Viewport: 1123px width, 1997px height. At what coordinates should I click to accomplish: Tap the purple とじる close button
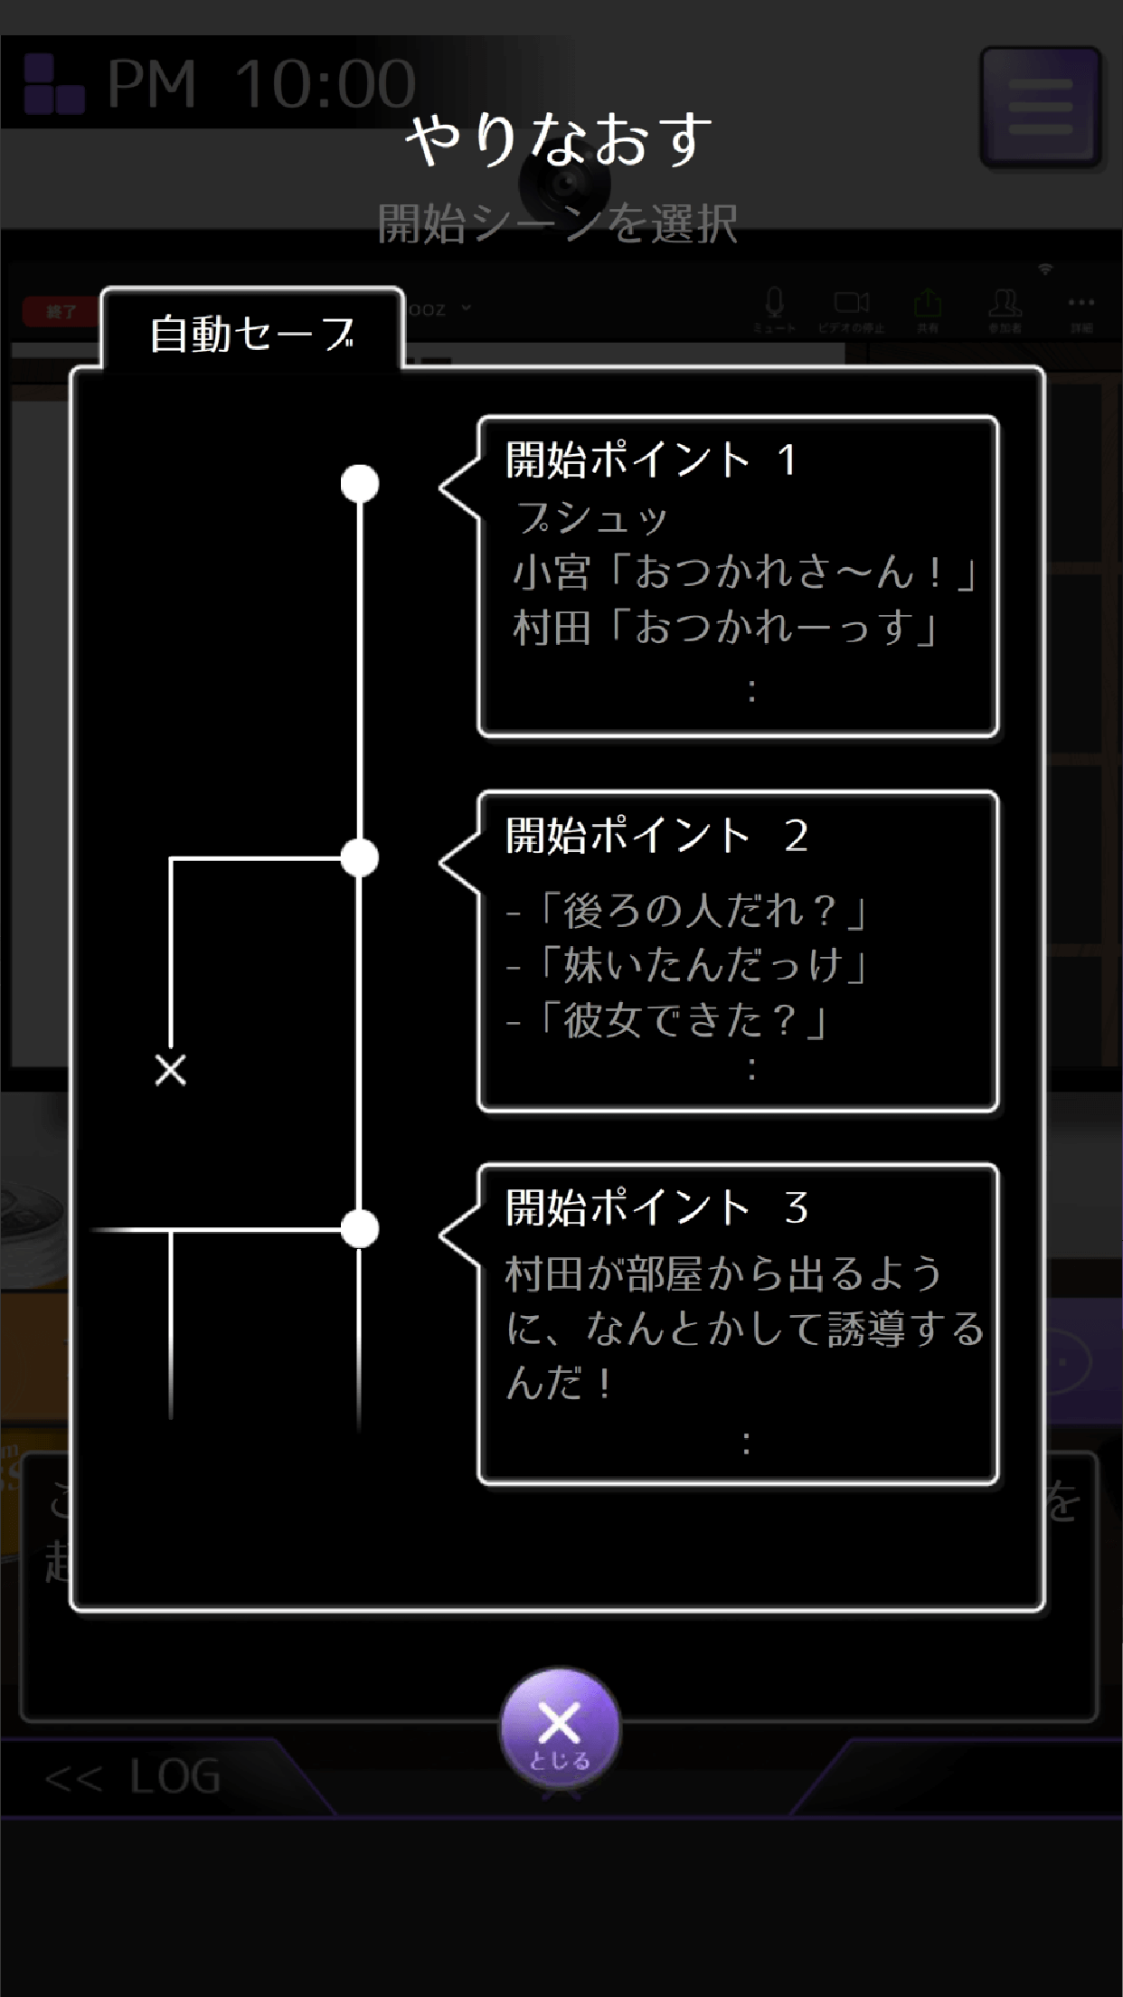pyautogui.click(x=560, y=1729)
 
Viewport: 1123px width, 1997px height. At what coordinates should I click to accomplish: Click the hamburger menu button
pyautogui.click(x=1041, y=107)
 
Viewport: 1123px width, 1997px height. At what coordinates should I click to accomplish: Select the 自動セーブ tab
pyautogui.click(x=252, y=334)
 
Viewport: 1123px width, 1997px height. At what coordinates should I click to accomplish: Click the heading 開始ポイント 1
pyautogui.click(x=651, y=459)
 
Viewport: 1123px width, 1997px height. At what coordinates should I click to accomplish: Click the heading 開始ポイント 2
pyautogui.click(x=656, y=835)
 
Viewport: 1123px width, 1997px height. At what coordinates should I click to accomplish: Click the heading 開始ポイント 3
pyautogui.click(x=656, y=1207)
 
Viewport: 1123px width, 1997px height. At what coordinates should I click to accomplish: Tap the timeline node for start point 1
pyautogui.click(x=360, y=484)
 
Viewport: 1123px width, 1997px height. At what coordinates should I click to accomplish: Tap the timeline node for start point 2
pyautogui.click(x=360, y=858)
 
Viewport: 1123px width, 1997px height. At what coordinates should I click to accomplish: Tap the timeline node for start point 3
pyautogui.click(x=360, y=1229)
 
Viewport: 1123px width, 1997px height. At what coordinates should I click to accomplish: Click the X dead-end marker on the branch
pyautogui.click(x=171, y=1070)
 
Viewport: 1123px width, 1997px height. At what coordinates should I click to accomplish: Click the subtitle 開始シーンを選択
pyautogui.click(x=558, y=223)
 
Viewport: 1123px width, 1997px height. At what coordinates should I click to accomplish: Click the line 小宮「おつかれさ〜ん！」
pyautogui.click(x=745, y=573)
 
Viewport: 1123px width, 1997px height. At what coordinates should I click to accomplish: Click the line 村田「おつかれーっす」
pyautogui.click(x=727, y=628)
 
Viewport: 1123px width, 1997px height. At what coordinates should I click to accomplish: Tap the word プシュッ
pyautogui.click(x=592, y=518)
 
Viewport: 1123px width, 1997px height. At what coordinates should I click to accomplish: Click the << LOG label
pyautogui.click(x=133, y=1777)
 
